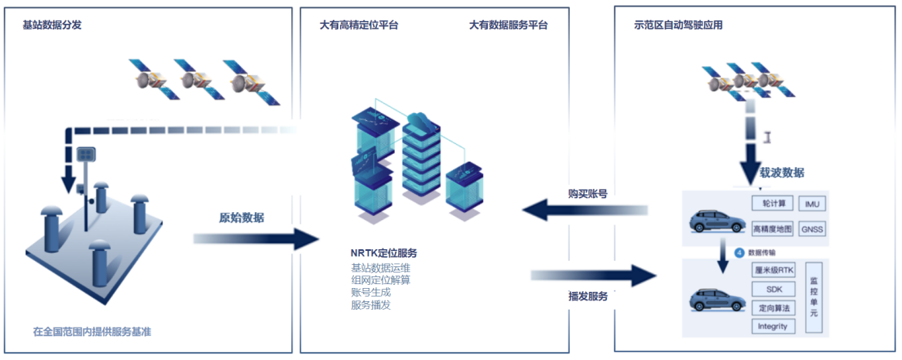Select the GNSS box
pos(812,229)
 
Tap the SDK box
pos(773,289)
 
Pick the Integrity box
pos(773,326)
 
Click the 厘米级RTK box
pos(773,270)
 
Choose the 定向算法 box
pos(773,307)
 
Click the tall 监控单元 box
pos(814,297)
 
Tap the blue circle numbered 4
pos(739,252)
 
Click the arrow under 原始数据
pos(256,239)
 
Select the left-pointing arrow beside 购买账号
pos(585,209)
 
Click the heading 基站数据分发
pos(52,25)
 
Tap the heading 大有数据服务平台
pos(508,25)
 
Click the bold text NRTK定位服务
pos(384,253)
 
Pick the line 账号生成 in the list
pos(370,293)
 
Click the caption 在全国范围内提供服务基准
pos(92,331)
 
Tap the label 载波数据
pos(781,173)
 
